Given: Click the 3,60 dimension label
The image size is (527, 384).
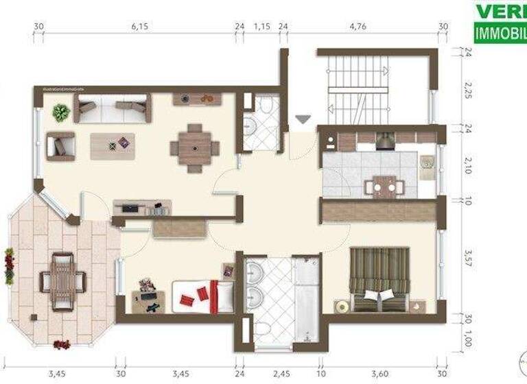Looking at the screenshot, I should (x=379, y=375).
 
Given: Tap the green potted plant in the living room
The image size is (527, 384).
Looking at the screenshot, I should (x=61, y=112).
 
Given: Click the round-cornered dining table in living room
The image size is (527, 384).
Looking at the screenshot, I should (x=195, y=147).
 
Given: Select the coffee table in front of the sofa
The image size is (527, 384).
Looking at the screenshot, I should (x=113, y=145).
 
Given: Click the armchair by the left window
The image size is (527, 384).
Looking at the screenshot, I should (x=60, y=145).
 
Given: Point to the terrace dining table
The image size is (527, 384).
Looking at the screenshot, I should (x=63, y=280).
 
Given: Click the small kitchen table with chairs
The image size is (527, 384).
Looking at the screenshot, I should (x=383, y=186).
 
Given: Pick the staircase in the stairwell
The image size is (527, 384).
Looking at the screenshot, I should (x=357, y=88).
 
